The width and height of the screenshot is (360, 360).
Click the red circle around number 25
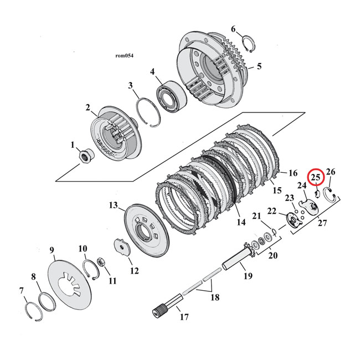click(x=316, y=178)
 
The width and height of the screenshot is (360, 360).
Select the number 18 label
click(x=214, y=297)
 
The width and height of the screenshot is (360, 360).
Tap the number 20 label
click(x=272, y=256)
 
